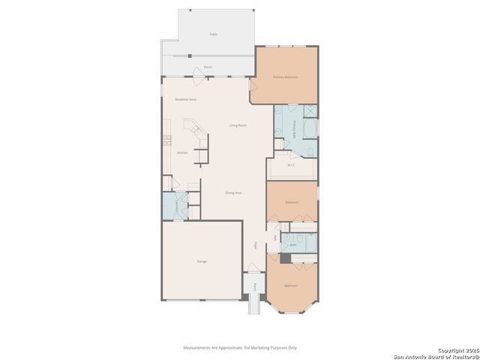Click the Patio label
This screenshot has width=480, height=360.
(214, 34)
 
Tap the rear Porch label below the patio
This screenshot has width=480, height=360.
(208, 67)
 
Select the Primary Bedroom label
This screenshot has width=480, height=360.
(285, 76)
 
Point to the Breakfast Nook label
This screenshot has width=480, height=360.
(185, 99)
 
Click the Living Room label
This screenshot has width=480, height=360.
(238, 125)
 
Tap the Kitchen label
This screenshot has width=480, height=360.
(182, 153)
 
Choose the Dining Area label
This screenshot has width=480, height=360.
(233, 193)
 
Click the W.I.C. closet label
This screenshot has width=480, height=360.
(291, 165)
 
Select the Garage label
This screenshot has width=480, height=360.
(202, 261)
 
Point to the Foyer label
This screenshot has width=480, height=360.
(256, 245)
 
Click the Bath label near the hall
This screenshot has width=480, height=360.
(293, 244)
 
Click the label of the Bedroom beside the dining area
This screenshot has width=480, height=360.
(292, 202)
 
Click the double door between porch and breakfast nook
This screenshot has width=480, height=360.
(196, 74)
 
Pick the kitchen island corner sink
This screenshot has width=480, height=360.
(198, 130)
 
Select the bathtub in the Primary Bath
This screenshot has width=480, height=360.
(307, 129)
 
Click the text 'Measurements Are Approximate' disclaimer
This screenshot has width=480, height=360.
(240, 347)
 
